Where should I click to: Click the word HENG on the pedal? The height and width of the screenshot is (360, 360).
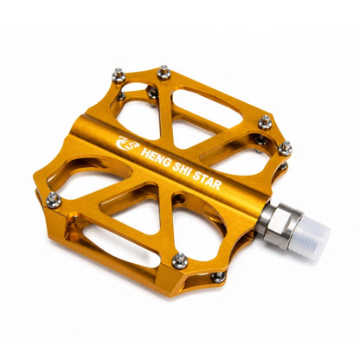click(155, 158)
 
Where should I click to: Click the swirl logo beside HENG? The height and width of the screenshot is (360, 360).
click(127, 143)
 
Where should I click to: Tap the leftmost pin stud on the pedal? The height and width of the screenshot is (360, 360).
click(54, 199)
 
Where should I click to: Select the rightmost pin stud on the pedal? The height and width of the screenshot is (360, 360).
click(285, 148)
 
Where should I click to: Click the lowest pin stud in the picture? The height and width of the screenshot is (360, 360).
click(218, 277)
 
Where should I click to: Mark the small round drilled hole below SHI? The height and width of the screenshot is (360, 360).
click(178, 198)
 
